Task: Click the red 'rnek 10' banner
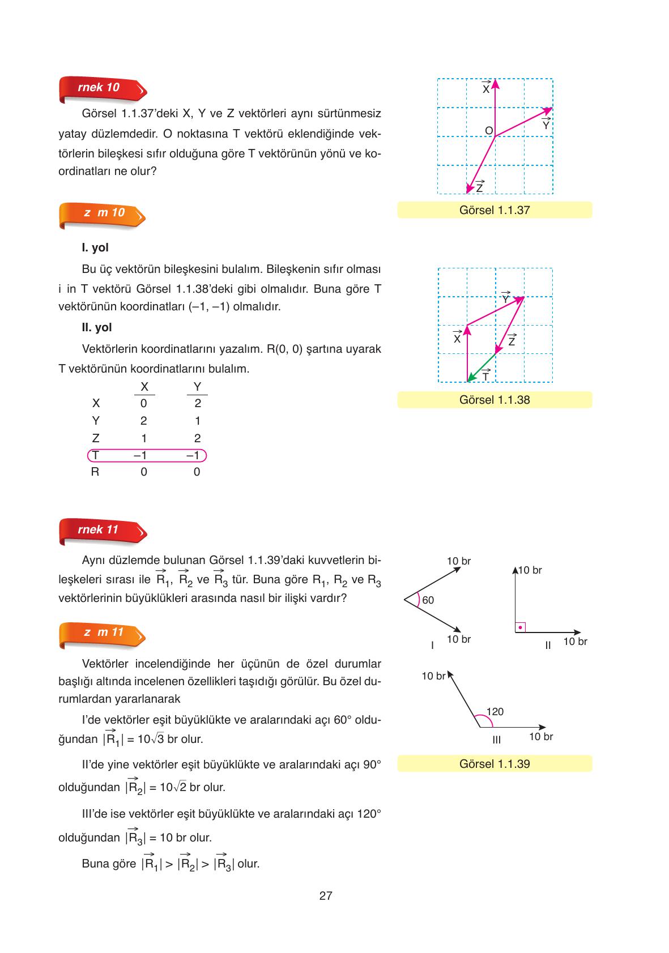[x=101, y=88]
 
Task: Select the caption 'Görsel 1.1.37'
[x=495, y=210]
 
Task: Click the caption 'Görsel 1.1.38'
[x=495, y=400]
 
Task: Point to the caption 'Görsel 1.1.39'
[x=495, y=764]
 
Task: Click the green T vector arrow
[x=481, y=367]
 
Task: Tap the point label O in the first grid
[x=488, y=131]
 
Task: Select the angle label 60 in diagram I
[x=428, y=600]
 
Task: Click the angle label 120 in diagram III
[x=495, y=712]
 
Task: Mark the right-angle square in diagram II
[x=520, y=627]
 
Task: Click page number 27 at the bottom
[x=326, y=896]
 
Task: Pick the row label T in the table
[x=96, y=456]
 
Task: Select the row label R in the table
[x=95, y=472]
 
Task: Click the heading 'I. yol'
[x=95, y=247]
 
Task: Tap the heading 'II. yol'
[x=97, y=327]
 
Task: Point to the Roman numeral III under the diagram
[x=496, y=740]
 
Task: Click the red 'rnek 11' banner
[x=101, y=531]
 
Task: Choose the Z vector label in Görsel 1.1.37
[x=479, y=187]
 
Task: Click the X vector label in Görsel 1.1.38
[x=457, y=338]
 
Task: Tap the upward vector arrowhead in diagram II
[x=515, y=570]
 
